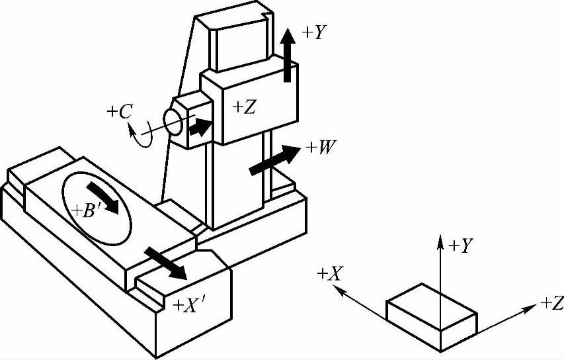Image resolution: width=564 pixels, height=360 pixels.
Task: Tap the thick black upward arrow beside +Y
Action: pyautogui.click(x=288, y=56)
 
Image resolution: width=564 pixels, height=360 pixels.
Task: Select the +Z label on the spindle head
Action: pyautogui.click(x=244, y=107)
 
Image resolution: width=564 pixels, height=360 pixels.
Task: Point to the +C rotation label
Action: pyautogui.click(x=119, y=112)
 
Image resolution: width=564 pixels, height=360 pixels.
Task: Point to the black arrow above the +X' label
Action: pyautogui.click(x=166, y=262)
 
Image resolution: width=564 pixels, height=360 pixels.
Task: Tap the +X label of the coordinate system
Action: pyautogui.click(x=329, y=273)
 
